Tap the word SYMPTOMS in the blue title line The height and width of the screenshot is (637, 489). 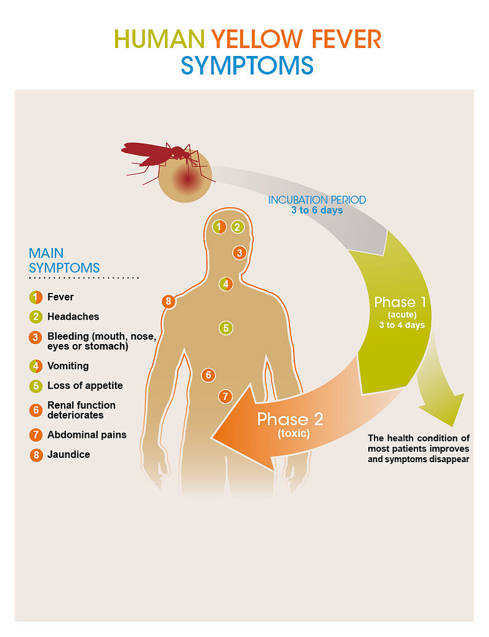tap(247, 65)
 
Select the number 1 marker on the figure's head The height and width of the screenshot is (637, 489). tap(219, 227)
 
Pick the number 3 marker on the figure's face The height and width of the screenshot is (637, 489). tap(240, 253)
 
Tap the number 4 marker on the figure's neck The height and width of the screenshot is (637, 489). tap(226, 284)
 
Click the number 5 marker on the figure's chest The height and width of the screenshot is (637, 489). tap(226, 327)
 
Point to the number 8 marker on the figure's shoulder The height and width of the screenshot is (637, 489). tap(168, 302)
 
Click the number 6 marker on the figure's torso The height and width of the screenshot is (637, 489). tap(208, 374)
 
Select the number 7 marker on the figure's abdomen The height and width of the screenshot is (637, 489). tap(225, 396)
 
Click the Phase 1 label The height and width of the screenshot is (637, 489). tap(400, 303)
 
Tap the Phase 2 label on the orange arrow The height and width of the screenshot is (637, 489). tap(291, 419)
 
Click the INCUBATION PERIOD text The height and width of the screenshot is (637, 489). tap(317, 200)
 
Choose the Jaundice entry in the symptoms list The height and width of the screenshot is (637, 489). tap(68, 455)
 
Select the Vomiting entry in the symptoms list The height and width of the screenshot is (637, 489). tap(68, 366)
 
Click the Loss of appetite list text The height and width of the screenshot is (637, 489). tap(85, 386)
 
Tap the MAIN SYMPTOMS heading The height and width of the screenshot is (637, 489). tap(64, 260)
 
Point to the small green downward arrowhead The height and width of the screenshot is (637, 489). tap(443, 411)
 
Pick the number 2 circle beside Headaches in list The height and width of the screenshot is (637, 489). tap(36, 317)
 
